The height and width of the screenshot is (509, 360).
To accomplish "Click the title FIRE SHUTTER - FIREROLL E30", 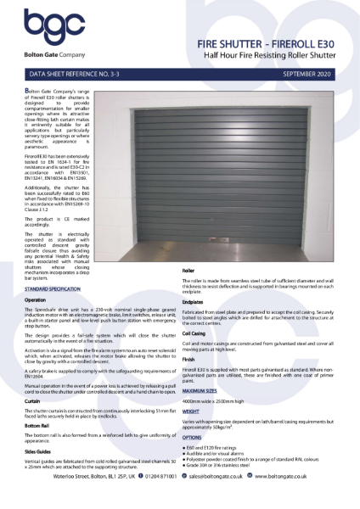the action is pos(280,41).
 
